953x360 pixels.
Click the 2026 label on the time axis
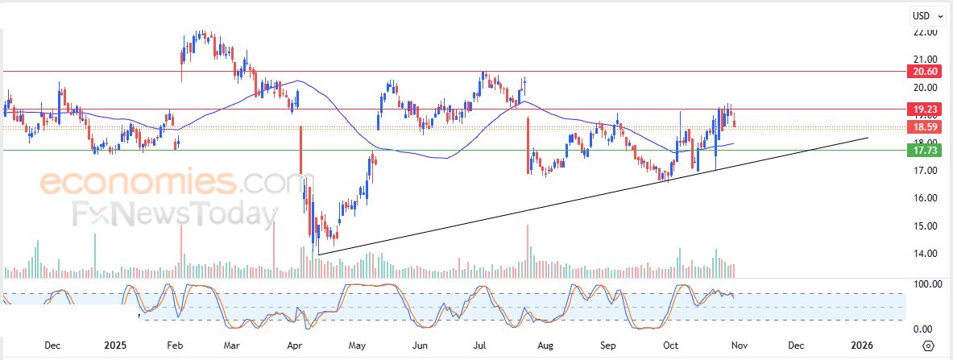(862, 346)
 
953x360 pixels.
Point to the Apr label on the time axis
(296, 346)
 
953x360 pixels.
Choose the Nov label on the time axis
(735, 346)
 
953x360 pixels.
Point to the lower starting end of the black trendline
(319, 254)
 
